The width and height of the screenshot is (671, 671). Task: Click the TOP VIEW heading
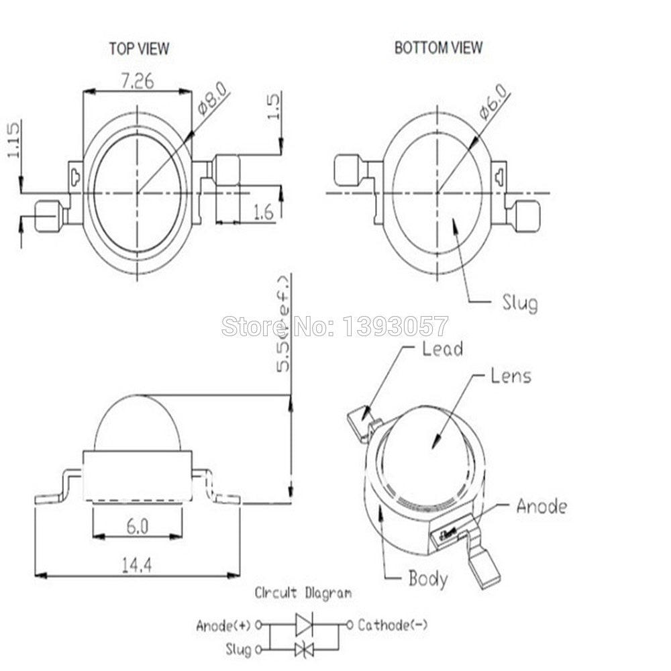click(139, 48)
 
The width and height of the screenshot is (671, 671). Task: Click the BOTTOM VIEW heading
click(438, 48)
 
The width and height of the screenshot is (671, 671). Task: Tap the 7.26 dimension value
click(137, 81)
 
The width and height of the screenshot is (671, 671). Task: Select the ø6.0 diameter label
click(493, 102)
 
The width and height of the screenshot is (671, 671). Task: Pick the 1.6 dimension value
click(263, 213)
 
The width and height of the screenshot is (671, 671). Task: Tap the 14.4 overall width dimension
click(136, 564)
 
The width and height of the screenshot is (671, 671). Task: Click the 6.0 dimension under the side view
click(137, 527)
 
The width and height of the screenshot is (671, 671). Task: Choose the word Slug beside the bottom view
click(519, 303)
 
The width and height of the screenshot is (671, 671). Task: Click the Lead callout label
click(442, 348)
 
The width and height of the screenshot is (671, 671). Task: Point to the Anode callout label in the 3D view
click(541, 506)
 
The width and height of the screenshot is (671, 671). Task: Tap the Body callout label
click(428, 578)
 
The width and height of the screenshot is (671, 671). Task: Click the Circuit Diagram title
click(302, 593)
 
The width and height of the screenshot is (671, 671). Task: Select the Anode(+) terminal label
click(223, 625)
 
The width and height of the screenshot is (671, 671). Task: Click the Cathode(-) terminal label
click(393, 625)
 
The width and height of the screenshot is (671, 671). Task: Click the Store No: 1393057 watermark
click(334, 326)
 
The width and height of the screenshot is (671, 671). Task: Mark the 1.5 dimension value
click(273, 105)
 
